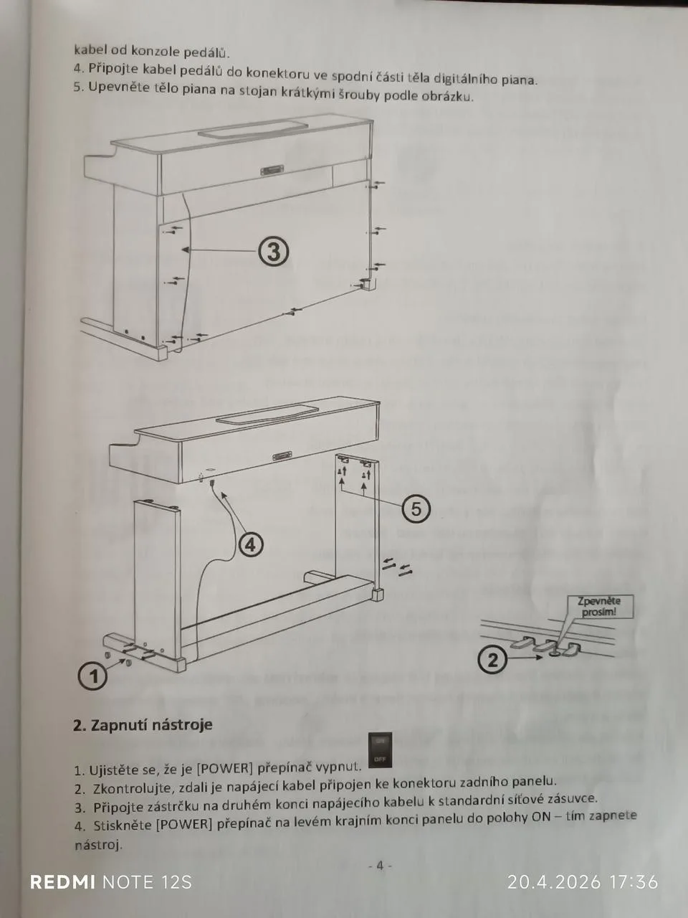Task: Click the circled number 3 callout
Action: pyautogui.click(x=273, y=252)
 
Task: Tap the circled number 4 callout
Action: pyautogui.click(x=251, y=545)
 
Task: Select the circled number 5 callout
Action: pyautogui.click(x=416, y=509)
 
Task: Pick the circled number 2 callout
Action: pyautogui.click(x=493, y=661)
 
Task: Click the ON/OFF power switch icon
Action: pyautogui.click(x=380, y=750)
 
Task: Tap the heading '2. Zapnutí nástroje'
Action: pyautogui.click(x=143, y=724)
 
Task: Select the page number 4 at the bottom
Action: pyautogui.click(x=380, y=866)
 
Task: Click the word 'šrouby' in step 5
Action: pyautogui.click(x=358, y=95)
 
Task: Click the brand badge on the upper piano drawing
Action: pyautogui.click(x=271, y=171)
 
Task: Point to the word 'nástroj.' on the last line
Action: pyautogui.click(x=99, y=845)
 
